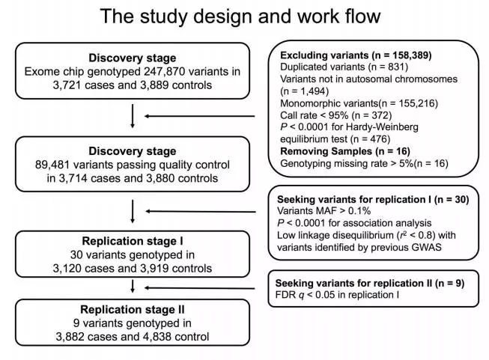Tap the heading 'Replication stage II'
[132, 309]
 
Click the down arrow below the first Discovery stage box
[133, 115]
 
